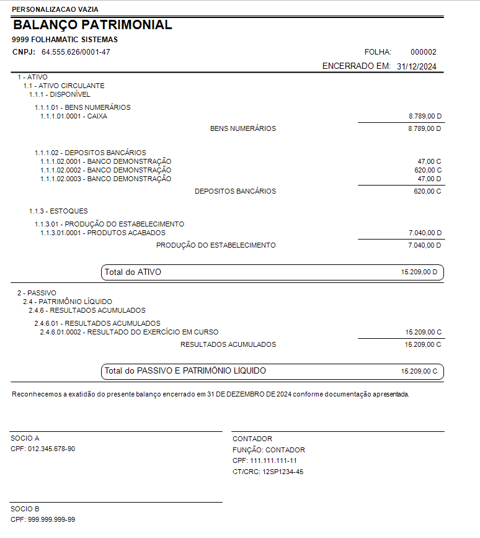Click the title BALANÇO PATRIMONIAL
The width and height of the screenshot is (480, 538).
pos(92,25)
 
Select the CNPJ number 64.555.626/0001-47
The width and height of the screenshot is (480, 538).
pos(76,52)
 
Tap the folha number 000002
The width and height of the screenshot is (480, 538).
pos(424,52)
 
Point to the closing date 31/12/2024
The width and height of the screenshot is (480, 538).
pos(417,66)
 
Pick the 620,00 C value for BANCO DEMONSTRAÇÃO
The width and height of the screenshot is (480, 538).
pos(428,170)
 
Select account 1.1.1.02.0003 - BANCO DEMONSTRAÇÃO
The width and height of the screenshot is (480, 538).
pos(105,179)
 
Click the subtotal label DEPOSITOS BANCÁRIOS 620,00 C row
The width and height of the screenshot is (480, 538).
pos(235,191)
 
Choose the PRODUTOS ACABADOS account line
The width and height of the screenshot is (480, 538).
pos(103,233)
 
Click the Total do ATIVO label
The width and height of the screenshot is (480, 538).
pos(133,272)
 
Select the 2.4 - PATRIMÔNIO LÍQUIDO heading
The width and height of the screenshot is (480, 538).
pos(68,302)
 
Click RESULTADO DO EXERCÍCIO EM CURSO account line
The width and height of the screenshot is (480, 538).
pos(129,332)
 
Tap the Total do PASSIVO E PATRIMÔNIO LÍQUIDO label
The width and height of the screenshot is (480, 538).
pos(185,370)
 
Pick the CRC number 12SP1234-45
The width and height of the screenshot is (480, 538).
pos(282,472)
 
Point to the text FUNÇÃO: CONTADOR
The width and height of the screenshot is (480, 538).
pos(269,450)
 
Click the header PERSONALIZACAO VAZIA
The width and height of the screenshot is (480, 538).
pos(55,9)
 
